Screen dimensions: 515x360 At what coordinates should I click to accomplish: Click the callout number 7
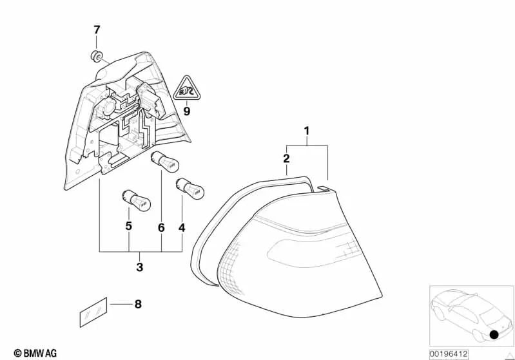click(x=96, y=30)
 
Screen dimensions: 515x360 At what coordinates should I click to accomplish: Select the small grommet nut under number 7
click(x=96, y=57)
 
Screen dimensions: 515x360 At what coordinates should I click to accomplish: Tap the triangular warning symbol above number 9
click(x=187, y=88)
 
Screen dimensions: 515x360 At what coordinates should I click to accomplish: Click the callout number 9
click(x=186, y=111)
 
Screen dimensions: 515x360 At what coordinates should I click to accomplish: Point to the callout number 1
click(x=307, y=131)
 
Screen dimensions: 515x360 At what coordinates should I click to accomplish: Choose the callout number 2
click(x=286, y=158)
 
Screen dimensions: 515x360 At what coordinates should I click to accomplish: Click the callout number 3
click(x=140, y=267)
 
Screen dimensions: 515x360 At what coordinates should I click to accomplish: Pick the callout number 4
click(x=182, y=228)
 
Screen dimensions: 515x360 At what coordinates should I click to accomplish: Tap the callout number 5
click(x=129, y=226)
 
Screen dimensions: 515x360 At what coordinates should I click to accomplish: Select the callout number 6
click(x=161, y=228)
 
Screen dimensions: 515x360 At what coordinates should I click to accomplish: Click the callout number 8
click(x=138, y=304)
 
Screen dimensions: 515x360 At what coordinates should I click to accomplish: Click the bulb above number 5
click(x=136, y=200)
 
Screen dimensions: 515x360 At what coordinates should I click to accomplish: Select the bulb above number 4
click(x=190, y=188)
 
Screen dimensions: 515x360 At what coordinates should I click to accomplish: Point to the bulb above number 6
click(x=164, y=162)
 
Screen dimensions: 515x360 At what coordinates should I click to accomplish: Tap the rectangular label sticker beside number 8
click(x=93, y=312)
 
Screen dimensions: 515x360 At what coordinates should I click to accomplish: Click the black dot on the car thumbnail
click(x=494, y=334)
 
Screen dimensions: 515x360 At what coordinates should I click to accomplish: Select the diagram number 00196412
click(x=449, y=354)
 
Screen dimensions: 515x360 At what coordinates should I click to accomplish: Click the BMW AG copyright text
click(x=35, y=353)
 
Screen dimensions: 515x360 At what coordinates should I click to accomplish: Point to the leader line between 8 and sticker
click(x=121, y=304)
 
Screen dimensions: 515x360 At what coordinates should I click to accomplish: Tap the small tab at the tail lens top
click(x=324, y=187)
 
